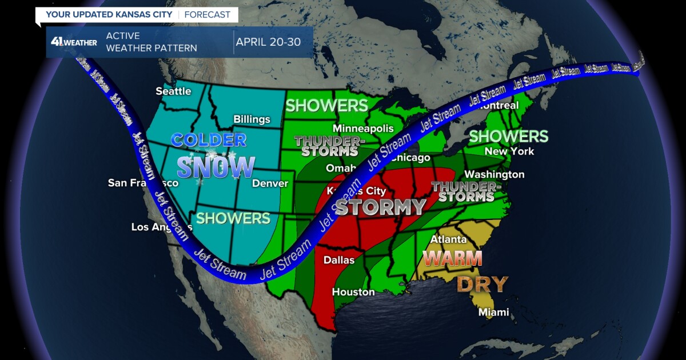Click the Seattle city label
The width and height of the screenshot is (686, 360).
[x=174, y=91]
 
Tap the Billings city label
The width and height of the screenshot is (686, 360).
[x=252, y=119]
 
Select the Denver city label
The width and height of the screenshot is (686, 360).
[x=270, y=183]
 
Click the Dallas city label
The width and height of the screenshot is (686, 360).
[x=339, y=260]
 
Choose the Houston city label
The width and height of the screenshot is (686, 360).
[x=353, y=292]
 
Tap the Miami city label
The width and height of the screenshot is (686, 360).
[x=493, y=312]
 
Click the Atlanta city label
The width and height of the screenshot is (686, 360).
[x=449, y=239]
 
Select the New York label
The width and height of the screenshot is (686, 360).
[x=509, y=151]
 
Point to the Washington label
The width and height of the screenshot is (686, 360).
[x=494, y=174]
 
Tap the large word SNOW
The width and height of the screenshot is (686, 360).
[x=216, y=167]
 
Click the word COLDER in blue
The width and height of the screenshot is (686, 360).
[x=209, y=139]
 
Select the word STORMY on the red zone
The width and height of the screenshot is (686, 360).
[x=380, y=207]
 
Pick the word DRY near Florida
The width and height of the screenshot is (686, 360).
[x=482, y=284]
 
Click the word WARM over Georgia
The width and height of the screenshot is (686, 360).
[x=453, y=258]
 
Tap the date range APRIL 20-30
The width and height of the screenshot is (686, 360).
[x=268, y=42]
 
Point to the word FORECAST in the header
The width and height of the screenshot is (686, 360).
[x=208, y=14]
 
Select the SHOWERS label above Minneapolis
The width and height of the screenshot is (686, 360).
[x=326, y=106]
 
